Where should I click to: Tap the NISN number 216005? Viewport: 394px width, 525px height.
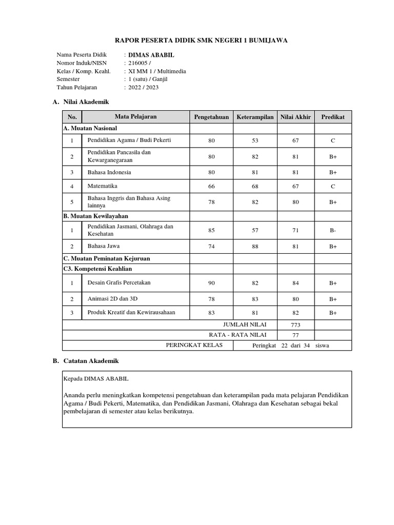click(139, 63)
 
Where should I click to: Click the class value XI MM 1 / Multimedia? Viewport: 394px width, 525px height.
click(157, 71)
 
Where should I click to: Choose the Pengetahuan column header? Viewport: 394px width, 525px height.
click(211, 117)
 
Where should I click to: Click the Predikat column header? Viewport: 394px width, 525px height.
click(333, 117)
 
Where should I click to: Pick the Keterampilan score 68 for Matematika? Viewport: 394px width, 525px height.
click(255, 186)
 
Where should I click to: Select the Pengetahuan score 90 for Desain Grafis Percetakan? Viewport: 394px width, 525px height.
click(211, 282)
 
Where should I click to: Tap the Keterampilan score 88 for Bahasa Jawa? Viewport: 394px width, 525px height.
click(255, 247)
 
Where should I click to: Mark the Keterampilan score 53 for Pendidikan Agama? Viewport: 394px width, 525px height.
click(255, 140)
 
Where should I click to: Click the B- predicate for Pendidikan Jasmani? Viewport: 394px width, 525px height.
click(333, 231)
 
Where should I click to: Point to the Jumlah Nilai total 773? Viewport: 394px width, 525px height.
click(295, 325)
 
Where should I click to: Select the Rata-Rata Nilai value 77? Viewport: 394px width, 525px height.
click(295, 335)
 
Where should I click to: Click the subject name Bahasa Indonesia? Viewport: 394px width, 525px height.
click(109, 172)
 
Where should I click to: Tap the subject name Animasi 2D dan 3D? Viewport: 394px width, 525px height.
click(113, 298)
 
